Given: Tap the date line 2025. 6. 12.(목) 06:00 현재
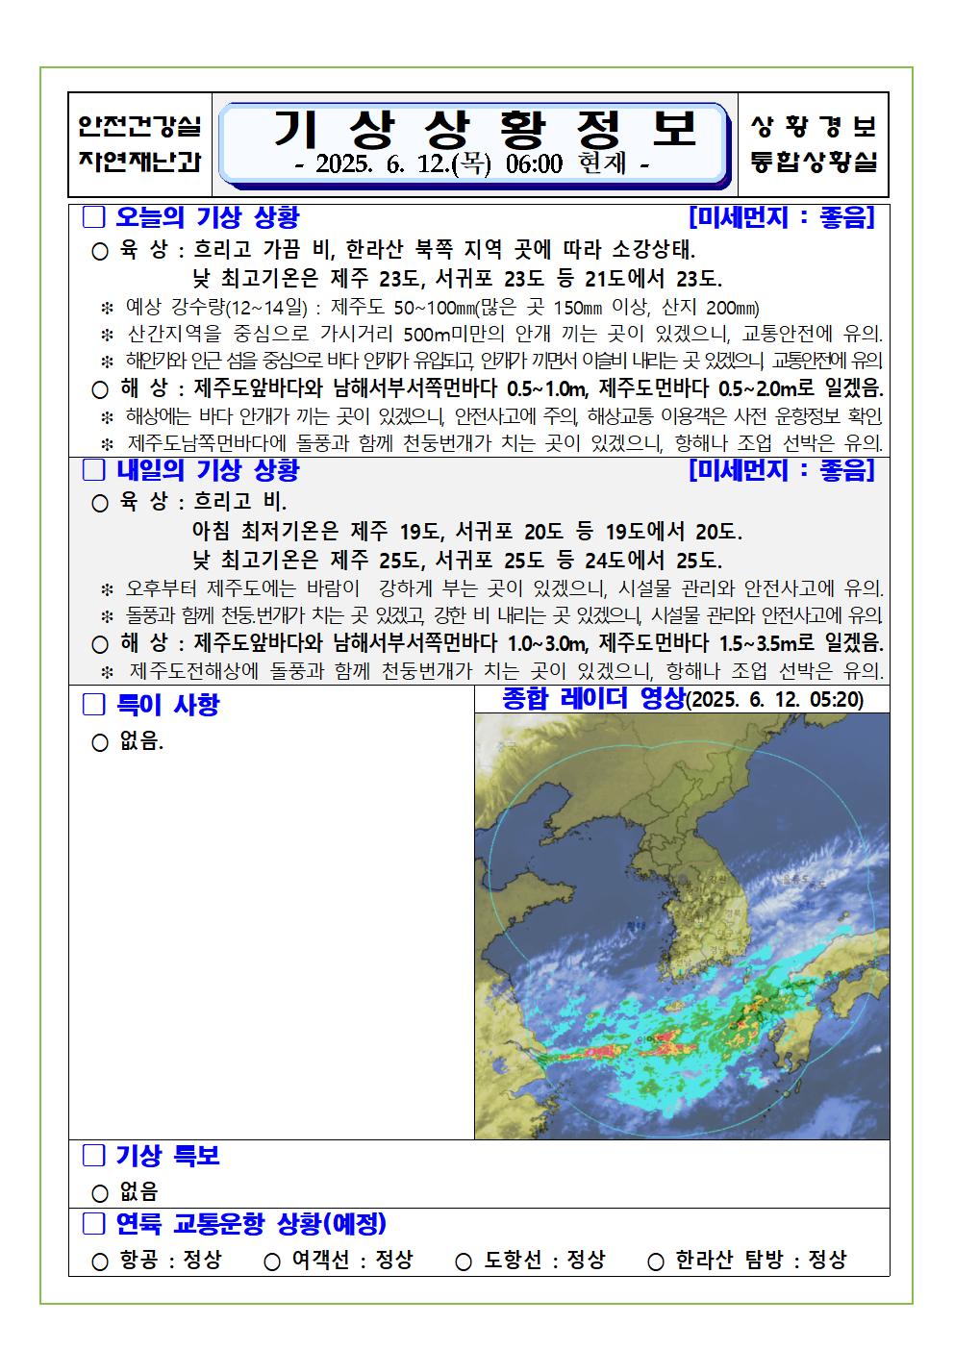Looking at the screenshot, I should [x=472, y=165].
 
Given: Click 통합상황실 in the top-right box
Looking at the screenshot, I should [x=814, y=162].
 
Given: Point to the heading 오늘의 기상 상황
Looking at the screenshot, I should [x=208, y=217].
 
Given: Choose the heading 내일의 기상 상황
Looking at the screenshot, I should [x=208, y=470].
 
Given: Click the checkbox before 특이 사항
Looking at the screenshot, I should [x=93, y=705].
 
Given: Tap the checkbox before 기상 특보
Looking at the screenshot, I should [x=93, y=1156].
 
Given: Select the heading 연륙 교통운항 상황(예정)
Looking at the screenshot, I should [x=250, y=1224].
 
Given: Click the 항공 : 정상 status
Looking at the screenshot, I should [x=170, y=1260].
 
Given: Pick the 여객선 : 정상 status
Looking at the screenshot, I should [x=352, y=1260].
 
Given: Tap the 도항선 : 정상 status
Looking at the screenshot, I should [x=544, y=1260].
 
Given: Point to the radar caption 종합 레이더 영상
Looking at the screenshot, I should [x=593, y=699].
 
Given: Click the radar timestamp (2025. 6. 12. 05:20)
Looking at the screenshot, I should [x=775, y=700].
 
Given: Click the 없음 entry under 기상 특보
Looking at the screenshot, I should [x=138, y=1192].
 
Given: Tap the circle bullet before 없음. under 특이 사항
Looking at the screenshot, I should [x=99, y=743].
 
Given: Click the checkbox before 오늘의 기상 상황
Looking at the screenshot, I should [x=93, y=217].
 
